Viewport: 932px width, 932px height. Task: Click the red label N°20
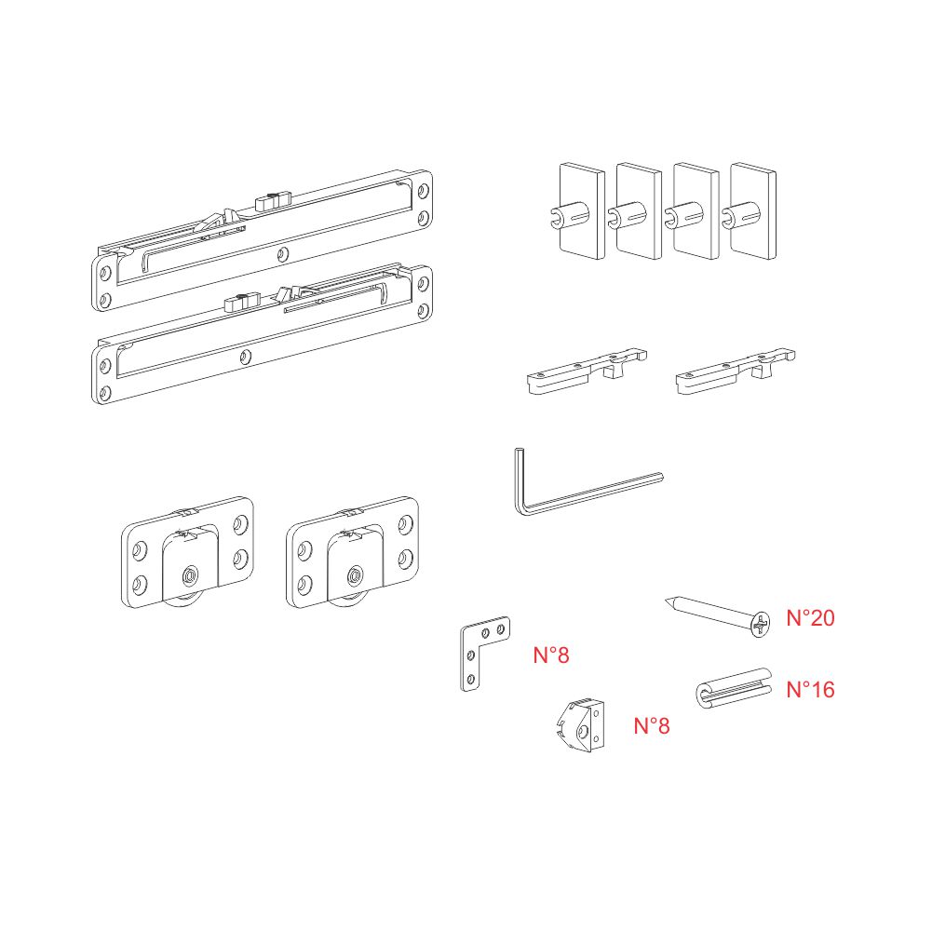(x=810, y=618)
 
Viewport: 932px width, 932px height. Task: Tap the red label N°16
(x=810, y=690)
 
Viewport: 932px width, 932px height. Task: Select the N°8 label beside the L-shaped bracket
(x=551, y=655)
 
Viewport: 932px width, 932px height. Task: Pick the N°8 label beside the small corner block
(x=652, y=725)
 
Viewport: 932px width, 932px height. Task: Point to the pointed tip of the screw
(x=667, y=601)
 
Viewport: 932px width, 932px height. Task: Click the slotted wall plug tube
(x=733, y=688)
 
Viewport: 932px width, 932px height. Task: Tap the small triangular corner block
(x=581, y=725)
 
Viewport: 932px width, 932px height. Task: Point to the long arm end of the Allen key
(x=661, y=476)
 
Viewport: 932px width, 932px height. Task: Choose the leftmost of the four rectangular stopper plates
(x=582, y=211)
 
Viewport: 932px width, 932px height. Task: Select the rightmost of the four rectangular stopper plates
(x=752, y=211)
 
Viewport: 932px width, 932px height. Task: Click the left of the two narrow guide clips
(x=587, y=371)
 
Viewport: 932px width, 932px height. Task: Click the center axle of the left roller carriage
(x=190, y=575)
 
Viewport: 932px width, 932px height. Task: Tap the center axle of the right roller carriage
(x=355, y=575)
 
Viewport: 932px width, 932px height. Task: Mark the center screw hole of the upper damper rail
(x=283, y=255)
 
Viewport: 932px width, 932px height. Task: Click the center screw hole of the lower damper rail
(x=244, y=358)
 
